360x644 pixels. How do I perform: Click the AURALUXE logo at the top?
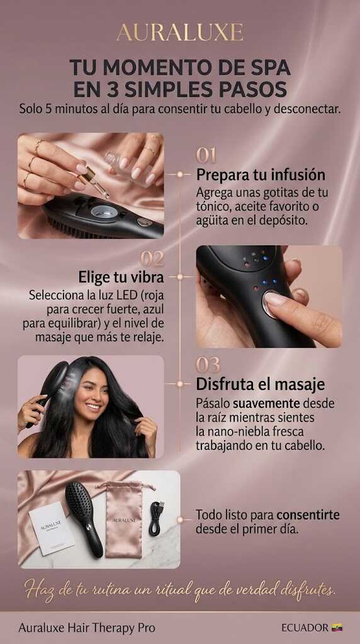pyautogui.click(x=180, y=33)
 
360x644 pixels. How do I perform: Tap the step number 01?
pyautogui.click(x=206, y=155)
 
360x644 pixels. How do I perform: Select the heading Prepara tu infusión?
pyautogui.click(x=261, y=175)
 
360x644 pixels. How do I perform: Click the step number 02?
pyautogui.click(x=152, y=258)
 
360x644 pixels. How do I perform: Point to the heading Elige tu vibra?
pyautogui.click(x=121, y=277)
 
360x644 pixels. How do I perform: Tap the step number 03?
pyautogui.click(x=208, y=365)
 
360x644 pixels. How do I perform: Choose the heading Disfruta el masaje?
pyautogui.click(x=260, y=384)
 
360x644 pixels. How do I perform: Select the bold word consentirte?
pyautogui.click(x=308, y=514)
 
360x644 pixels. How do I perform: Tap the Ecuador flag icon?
pyautogui.click(x=337, y=628)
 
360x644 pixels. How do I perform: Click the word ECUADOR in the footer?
pyautogui.click(x=305, y=628)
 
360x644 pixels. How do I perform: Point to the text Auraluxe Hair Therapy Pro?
pyautogui.click(x=87, y=628)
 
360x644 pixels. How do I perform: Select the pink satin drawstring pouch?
pyautogui.click(x=124, y=520)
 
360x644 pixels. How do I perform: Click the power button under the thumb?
pyautogui.click(x=273, y=303)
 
